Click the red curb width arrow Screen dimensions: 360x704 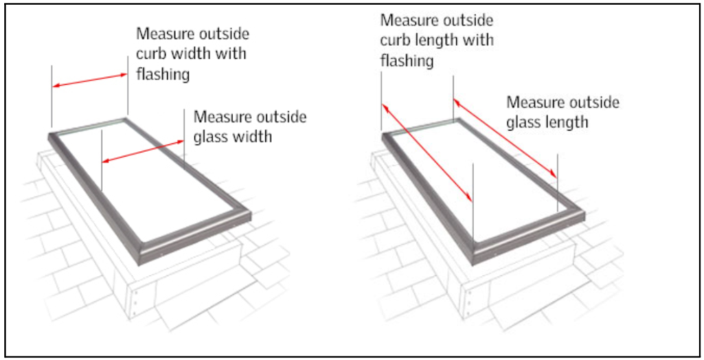point(90,80)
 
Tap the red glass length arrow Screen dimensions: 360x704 point(505,137)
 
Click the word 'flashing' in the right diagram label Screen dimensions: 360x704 point(406,61)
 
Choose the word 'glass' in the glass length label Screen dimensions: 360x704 point(525,122)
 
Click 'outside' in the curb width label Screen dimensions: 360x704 point(223,34)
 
